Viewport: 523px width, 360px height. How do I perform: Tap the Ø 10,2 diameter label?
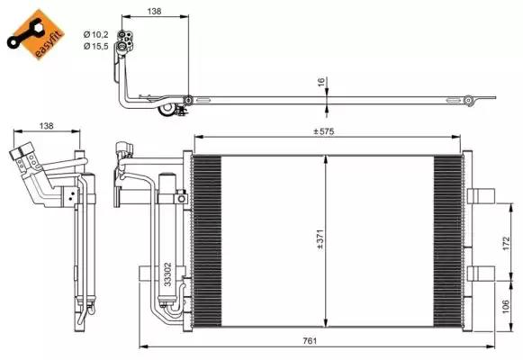[95, 34]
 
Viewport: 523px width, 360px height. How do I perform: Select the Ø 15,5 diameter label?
[95, 45]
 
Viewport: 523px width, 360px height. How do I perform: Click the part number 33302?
[167, 274]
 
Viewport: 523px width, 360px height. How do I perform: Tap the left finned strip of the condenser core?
[207, 238]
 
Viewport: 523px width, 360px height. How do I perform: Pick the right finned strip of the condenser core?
[446, 238]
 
